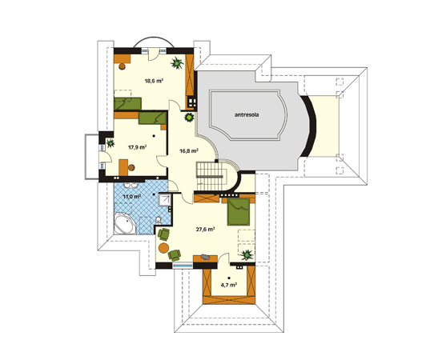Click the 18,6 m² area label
154,81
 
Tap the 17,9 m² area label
138,147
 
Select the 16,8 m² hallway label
189,150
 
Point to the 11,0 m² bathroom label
132,197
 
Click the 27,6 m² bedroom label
205,230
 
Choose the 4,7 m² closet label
229,285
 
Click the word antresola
247,114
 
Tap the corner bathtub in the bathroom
125,225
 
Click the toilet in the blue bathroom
158,220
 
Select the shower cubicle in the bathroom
166,200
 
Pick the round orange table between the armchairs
163,247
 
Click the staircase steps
211,176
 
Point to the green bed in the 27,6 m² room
239,212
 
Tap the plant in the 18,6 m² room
177,63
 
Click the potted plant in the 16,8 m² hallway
189,118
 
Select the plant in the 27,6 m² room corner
247,255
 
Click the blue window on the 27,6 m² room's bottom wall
183,266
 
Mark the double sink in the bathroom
131,186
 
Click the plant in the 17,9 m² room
111,143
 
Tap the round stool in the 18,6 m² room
122,66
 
